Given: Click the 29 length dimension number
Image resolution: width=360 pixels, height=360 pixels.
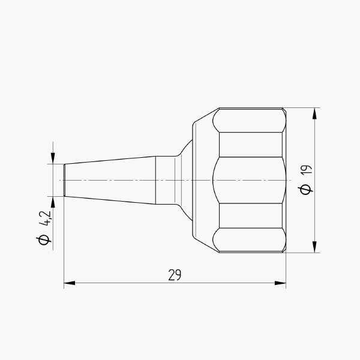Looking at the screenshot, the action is [x=175, y=275].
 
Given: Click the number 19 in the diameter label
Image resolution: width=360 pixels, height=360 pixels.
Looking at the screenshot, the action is [x=307, y=170].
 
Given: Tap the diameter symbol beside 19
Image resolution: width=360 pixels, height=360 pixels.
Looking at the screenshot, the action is [x=305, y=190].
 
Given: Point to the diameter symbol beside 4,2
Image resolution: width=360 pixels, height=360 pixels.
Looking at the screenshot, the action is [x=44, y=240].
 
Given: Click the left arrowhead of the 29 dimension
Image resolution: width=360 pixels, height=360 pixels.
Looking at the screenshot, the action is [x=70, y=283].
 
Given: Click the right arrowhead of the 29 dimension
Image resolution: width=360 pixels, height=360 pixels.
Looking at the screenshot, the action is [x=280, y=283].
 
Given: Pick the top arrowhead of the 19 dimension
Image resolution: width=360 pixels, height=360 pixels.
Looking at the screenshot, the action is [x=314, y=113].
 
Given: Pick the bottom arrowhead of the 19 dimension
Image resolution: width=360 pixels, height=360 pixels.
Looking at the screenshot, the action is [x=314, y=247].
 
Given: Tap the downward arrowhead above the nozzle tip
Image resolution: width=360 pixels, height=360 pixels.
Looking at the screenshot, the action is [x=53, y=158].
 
